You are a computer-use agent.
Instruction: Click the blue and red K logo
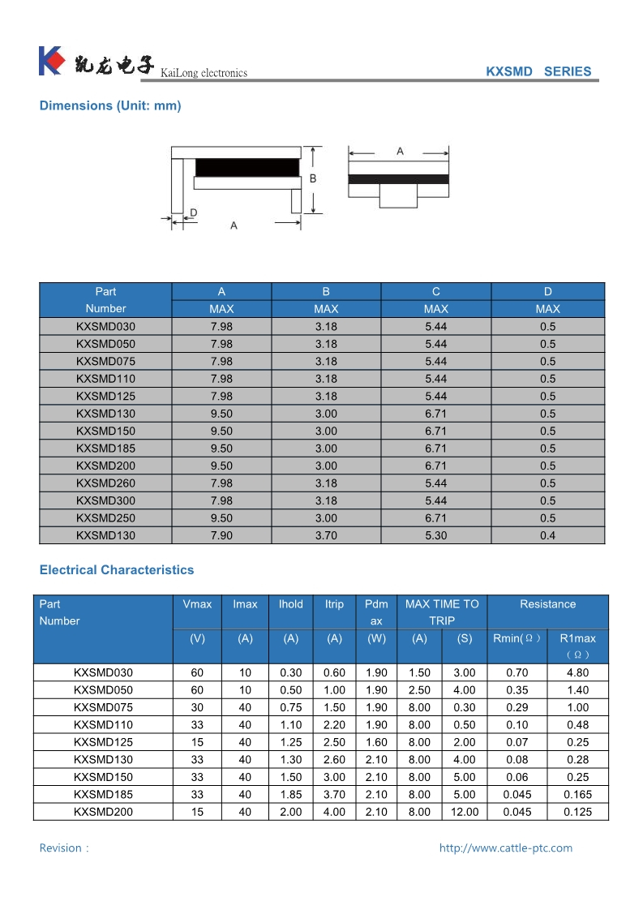click(x=50, y=62)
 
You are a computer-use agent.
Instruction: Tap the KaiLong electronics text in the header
click(x=204, y=73)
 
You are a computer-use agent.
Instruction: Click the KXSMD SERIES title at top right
click(x=538, y=71)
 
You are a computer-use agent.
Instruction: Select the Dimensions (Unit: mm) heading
click(x=110, y=105)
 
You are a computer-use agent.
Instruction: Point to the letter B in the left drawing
click(x=313, y=178)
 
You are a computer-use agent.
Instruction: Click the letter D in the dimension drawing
click(x=193, y=212)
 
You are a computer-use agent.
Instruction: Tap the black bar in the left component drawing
click(x=247, y=167)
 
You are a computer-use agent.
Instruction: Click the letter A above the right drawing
click(x=400, y=152)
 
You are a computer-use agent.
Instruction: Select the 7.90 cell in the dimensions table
click(x=221, y=535)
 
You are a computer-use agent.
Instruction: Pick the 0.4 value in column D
click(x=548, y=535)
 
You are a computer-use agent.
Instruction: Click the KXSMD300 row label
click(x=105, y=500)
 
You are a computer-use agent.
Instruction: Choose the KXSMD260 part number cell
click(x=105, y=483)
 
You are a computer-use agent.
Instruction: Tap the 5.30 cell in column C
click(x=435, y=535)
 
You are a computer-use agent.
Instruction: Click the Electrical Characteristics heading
click(x=117, y=570)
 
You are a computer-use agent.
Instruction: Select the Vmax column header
click(x=197, y=604)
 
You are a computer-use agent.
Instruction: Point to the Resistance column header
click(x=547, y=604)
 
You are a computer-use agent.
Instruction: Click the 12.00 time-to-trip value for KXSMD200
click(x=464, y=812)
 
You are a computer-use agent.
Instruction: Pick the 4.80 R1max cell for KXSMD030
click(x=577, y=672)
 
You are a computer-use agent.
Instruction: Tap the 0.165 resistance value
click(x=577, y=795)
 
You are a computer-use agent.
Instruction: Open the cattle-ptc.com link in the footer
click(x=505, y=848)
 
